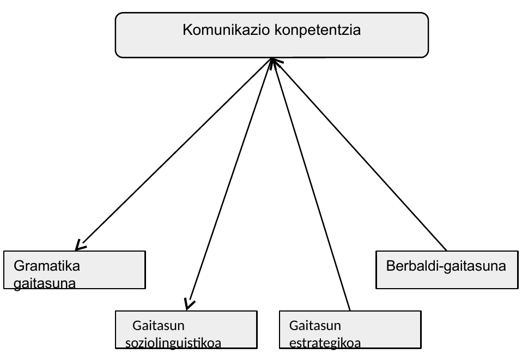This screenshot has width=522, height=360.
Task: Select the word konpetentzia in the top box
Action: (x=318, y=30)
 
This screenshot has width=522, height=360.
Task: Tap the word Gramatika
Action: (x=47, y=266)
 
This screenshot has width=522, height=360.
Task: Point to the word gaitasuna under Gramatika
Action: (x=45, y=284)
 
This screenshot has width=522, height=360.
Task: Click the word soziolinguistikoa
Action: (x=173, y=343)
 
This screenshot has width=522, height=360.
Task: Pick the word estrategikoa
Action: (x=325, y=343)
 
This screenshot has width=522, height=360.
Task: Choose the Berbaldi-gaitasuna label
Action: (x=446, y=266)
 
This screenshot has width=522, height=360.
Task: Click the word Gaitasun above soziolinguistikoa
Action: (x=159, y=325)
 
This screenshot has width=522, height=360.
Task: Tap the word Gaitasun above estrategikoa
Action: (x=315, y=325)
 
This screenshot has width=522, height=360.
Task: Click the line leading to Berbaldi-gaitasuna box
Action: (x=359, y=154)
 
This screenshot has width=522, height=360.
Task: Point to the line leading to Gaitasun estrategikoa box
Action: (x=311, y=184)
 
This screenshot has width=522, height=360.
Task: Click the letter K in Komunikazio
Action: (x=187, y=29)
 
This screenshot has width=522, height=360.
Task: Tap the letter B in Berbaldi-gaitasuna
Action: (x=391, y=266)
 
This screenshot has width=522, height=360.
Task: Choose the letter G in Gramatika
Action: (x=19, y=266)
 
